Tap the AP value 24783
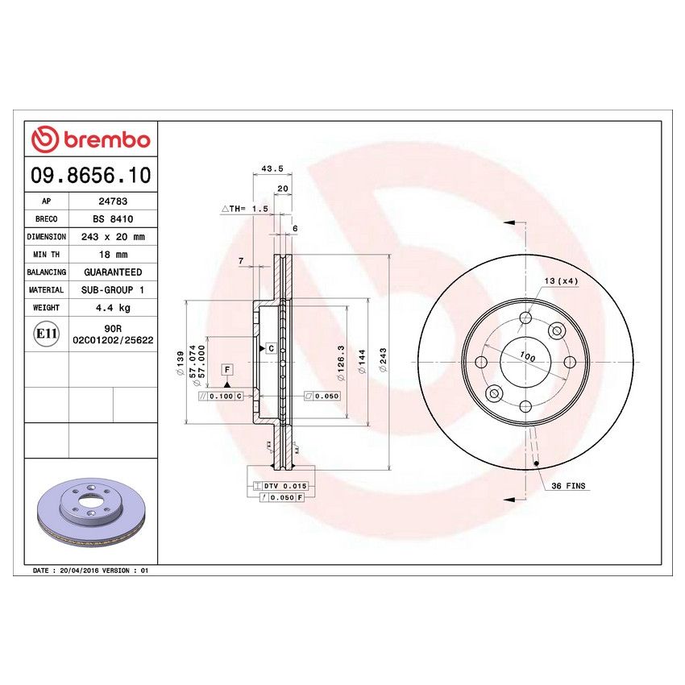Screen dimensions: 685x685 point(113,201)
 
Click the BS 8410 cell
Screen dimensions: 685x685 point(113,219)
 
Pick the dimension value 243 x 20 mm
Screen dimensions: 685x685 point(113,237)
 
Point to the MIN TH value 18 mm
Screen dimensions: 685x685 point(113,255)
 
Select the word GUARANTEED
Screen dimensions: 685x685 point(113,272)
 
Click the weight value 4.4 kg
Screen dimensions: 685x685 point(113,308)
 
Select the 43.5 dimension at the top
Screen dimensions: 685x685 point(272,169)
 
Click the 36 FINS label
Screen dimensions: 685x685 point(569,487)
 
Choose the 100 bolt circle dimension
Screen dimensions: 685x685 point(526,356)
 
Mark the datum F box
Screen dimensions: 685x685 point(227,369)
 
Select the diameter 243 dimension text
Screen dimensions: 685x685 point(383,356)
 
